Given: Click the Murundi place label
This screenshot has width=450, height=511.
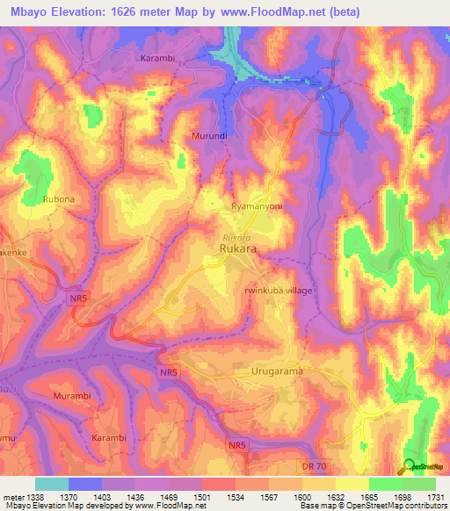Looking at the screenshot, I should pyautogui.click(x=209, y=136).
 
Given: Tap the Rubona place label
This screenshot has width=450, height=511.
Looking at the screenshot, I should pyautogui.click(x=58, y=199).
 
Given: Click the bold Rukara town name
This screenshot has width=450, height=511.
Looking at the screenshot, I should pyautogui.click(x=238, y=250).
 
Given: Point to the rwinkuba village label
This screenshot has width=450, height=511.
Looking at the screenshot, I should pyautogui.click(x=277, y=291).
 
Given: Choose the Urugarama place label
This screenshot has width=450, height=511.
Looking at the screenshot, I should pyautogui.click(x=276, y=371).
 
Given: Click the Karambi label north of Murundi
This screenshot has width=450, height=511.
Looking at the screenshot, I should pyautogui.click(x=160, y=58).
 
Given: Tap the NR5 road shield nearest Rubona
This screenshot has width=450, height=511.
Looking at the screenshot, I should pyautogui.click(x=78, y=300).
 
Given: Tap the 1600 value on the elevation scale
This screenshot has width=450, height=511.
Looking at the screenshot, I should pyautogui.click(x=301, y=495).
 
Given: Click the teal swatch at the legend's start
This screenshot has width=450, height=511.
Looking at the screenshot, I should pyautogui.click(x=52, y=483).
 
